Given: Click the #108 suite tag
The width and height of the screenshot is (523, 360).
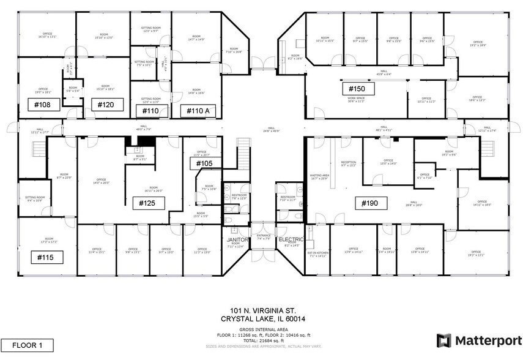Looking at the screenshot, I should [x=42, y=105].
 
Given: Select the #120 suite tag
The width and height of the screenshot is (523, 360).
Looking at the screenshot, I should [x=106, y=105].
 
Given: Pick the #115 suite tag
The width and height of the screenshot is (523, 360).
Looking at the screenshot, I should [x=47, y=258].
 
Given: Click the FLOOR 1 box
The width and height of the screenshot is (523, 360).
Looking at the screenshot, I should [x=28, y=345].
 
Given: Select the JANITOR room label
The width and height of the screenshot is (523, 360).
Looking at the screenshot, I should [x=238, y=240].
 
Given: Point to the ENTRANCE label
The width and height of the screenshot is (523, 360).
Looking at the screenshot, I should [x=264, y=235].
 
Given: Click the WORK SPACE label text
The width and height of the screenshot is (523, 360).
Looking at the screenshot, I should [x=356, y=99].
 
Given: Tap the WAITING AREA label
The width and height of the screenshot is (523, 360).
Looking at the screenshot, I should [x=320, y=175].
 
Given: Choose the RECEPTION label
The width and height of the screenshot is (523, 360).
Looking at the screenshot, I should [x=348, y=163].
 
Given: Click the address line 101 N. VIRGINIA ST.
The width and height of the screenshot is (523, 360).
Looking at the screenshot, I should [x=264, y=311].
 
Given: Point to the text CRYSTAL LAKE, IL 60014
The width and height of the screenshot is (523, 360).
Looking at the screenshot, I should [x=264, y=320].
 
